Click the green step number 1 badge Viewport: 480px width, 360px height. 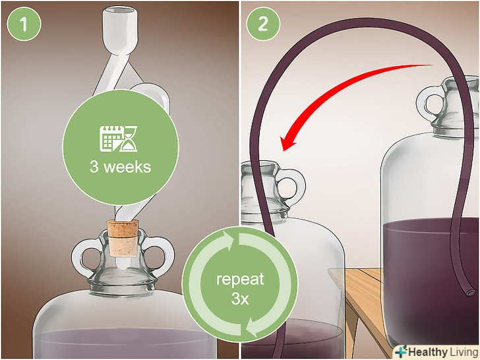[24, 24]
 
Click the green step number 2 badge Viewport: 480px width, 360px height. [263, 24]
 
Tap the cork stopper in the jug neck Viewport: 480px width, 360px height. [123, 238]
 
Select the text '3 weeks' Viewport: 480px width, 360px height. [120, 167]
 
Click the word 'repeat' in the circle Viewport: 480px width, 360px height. [240, 280]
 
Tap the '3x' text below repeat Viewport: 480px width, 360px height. [240, 299]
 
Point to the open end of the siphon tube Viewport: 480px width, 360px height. [471, 293]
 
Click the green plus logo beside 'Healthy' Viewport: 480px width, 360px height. [401, 351]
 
